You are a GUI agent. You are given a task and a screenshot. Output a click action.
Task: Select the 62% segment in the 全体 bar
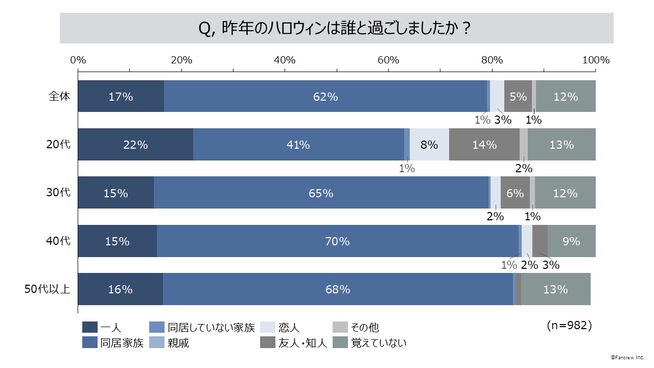coord(325,96)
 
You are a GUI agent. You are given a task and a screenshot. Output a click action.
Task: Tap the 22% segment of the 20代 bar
coord(135,145)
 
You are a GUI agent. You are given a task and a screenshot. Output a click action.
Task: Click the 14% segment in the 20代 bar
coord(484,145)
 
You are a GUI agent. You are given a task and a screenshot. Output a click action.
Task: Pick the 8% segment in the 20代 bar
coord(429,145)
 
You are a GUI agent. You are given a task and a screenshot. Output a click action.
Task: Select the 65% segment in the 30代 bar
coord(321,193)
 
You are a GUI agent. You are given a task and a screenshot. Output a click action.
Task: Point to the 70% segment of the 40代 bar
coord(337,241)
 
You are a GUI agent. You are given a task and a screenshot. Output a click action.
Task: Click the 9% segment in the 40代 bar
coord(571,241)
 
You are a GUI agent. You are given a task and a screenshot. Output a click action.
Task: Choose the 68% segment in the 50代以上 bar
coord(338,289)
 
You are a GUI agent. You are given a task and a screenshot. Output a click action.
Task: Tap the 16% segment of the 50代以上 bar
coord(121,289)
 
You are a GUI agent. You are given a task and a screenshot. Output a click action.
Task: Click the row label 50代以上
coord(48,289)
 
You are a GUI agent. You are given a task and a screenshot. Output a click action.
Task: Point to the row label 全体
coord(59,96)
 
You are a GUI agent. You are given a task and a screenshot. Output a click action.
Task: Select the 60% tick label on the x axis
coord(388,60)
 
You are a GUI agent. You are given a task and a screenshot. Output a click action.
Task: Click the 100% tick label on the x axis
coord(596,60)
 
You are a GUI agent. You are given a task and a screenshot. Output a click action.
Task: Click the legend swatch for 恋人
coord(268,328)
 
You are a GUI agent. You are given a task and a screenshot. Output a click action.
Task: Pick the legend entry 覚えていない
coord(379,343)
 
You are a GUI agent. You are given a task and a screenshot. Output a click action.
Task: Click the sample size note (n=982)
coord(569,326)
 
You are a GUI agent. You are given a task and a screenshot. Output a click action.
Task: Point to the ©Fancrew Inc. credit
coord(627,358)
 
